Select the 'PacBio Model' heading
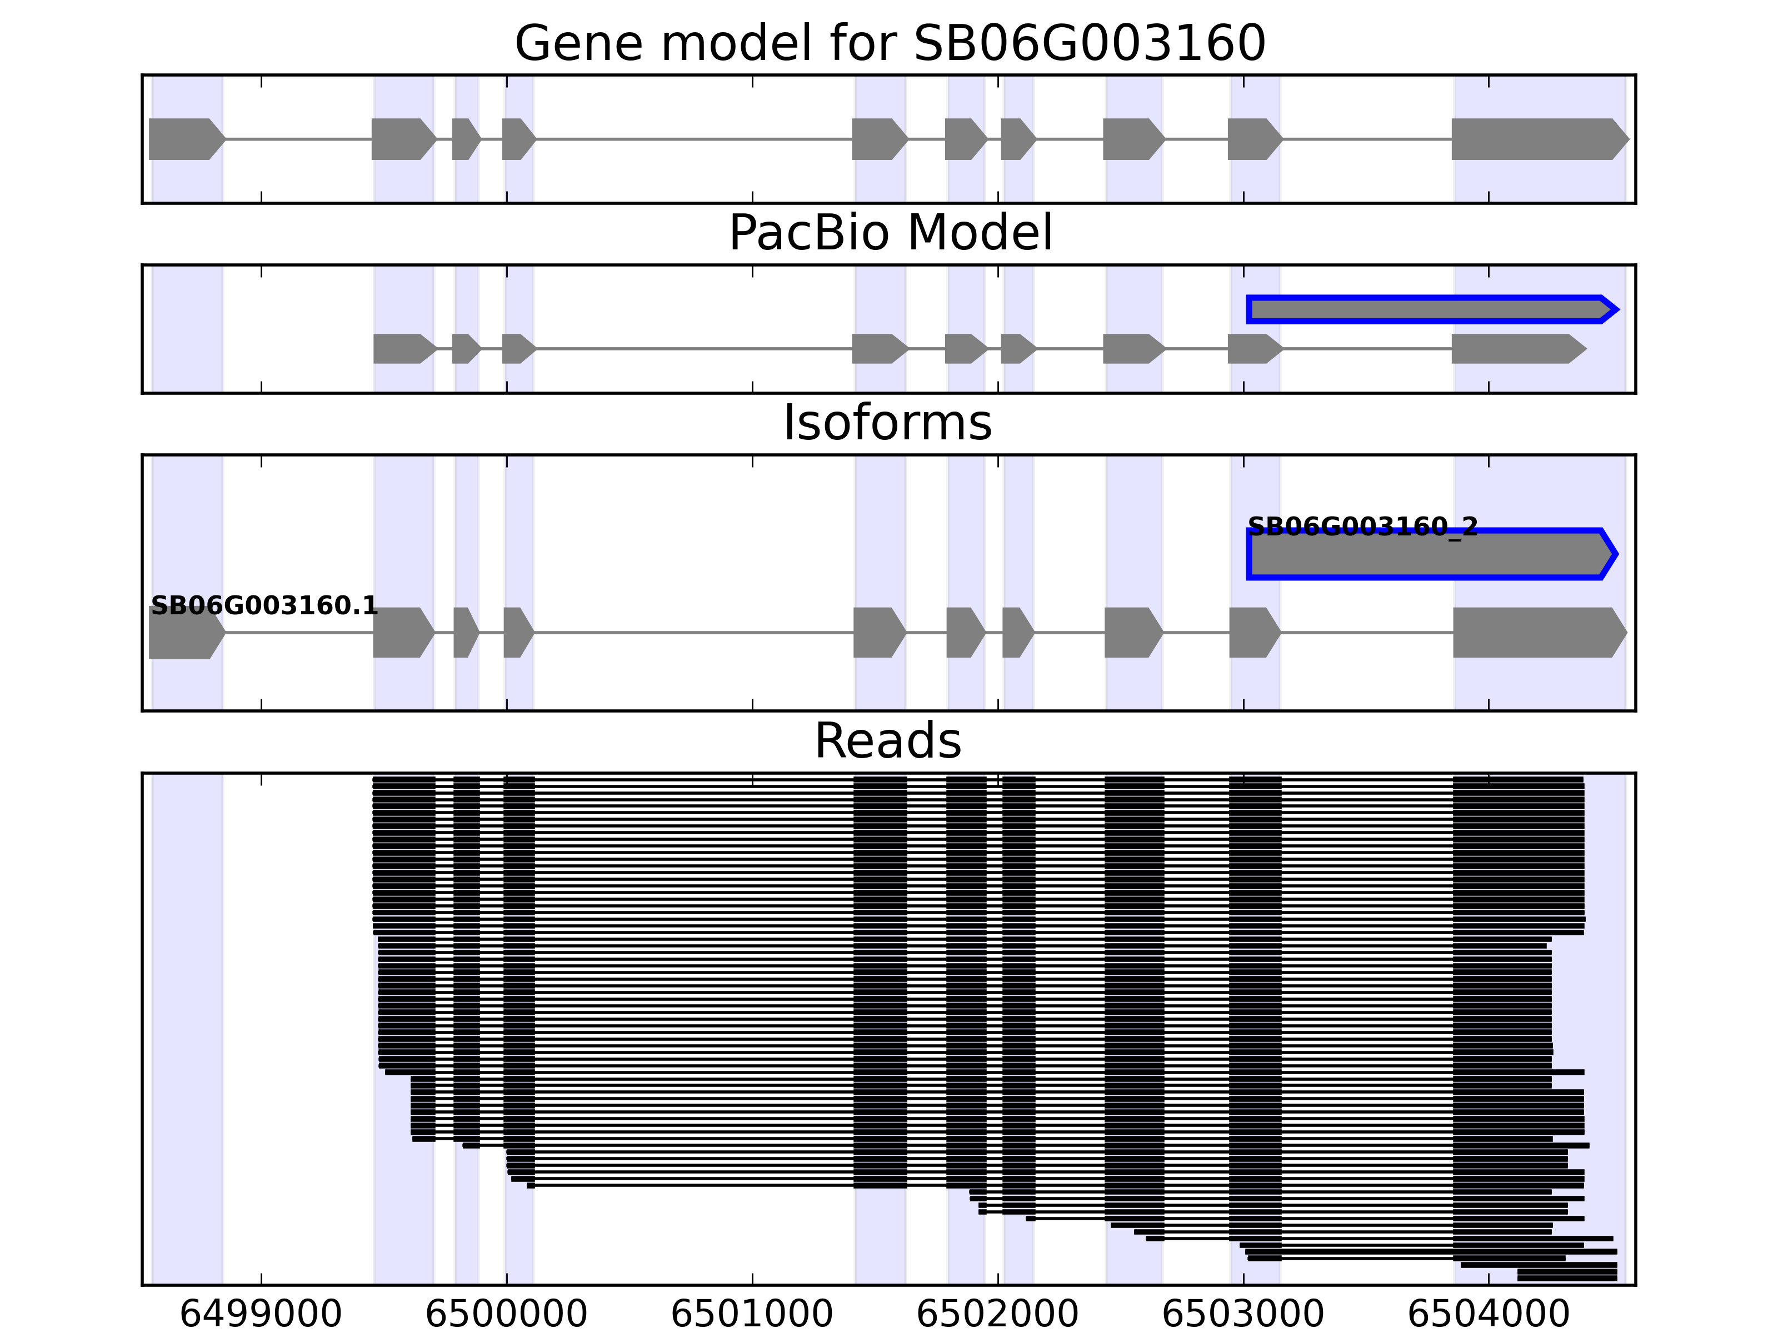pos(889,233)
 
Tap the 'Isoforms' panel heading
pos(887,423)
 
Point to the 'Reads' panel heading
pos(887,741)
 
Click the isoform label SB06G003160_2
pos(1362,527)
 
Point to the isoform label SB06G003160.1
pos(264,606)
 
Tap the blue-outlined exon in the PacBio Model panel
pos(1431,309)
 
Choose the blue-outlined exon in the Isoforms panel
pos(1431,554)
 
